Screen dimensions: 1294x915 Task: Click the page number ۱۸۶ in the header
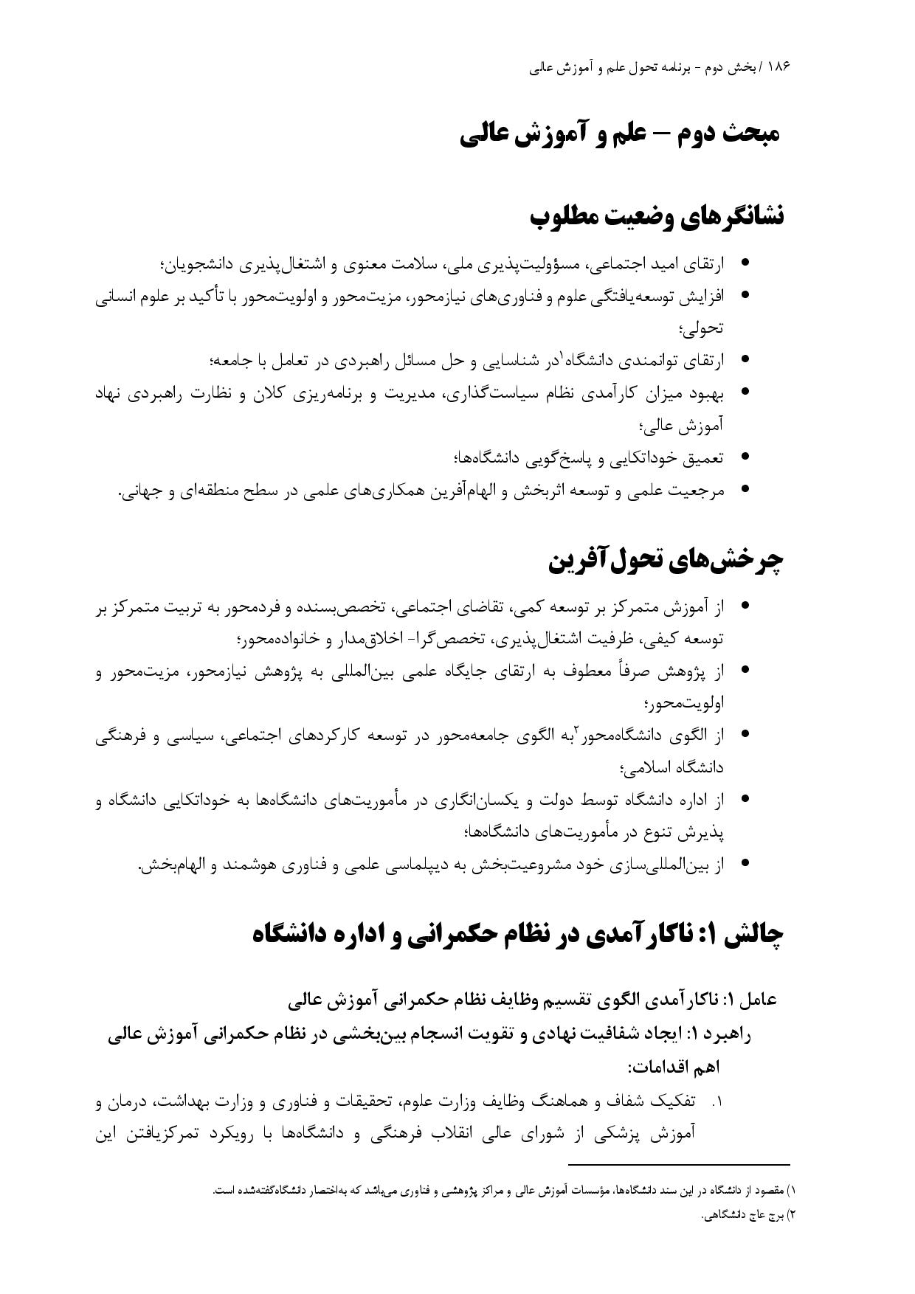[779, 66]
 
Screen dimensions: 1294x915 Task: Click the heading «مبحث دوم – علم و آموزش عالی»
[620, 135]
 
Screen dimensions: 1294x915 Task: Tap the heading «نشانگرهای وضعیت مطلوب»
[657, 217]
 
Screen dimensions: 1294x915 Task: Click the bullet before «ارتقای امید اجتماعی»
[745, 263]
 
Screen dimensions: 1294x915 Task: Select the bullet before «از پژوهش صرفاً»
[745, 671]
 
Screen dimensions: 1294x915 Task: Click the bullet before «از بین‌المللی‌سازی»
[745, 863]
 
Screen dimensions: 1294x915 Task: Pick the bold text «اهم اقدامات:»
[674, 1068]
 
